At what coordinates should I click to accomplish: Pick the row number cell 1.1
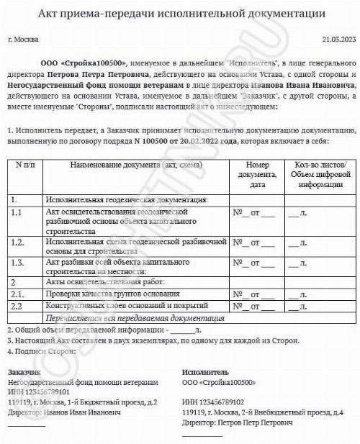coord(18,213)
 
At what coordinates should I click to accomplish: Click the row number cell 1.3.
coord(19,263)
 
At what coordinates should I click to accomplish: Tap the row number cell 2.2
coord(18,306)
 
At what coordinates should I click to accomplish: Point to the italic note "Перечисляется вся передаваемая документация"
coord(134,317)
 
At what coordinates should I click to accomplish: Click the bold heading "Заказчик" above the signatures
coord(25,372)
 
